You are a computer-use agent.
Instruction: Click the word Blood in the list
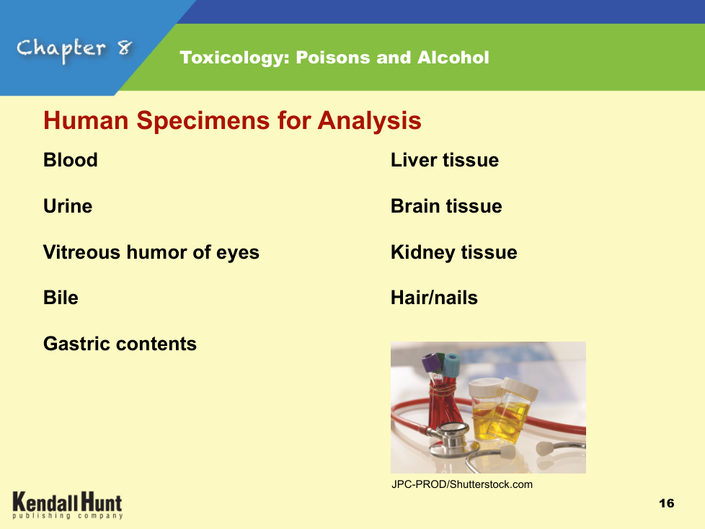tap(71, 160)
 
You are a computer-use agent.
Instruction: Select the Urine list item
tap(68, 206)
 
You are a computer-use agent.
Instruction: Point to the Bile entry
tap(61, 298)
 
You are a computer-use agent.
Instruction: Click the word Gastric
tap(76, 344)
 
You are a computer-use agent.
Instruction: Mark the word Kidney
tap(422, 253)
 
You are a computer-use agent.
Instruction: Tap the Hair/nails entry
tap(435, 298)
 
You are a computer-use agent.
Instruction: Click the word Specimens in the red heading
tap(204, 121)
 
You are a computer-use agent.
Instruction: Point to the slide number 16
tap(667, 503)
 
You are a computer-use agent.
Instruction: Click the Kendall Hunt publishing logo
tap(68, 505)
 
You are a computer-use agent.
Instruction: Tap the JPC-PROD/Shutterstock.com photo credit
tap(462, 484)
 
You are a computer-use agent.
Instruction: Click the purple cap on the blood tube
tap(431, 363)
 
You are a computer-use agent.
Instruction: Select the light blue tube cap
tap(452, 365)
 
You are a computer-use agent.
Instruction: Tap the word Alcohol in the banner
tap(453, 58)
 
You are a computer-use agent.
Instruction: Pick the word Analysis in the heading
tap(370, 121)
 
